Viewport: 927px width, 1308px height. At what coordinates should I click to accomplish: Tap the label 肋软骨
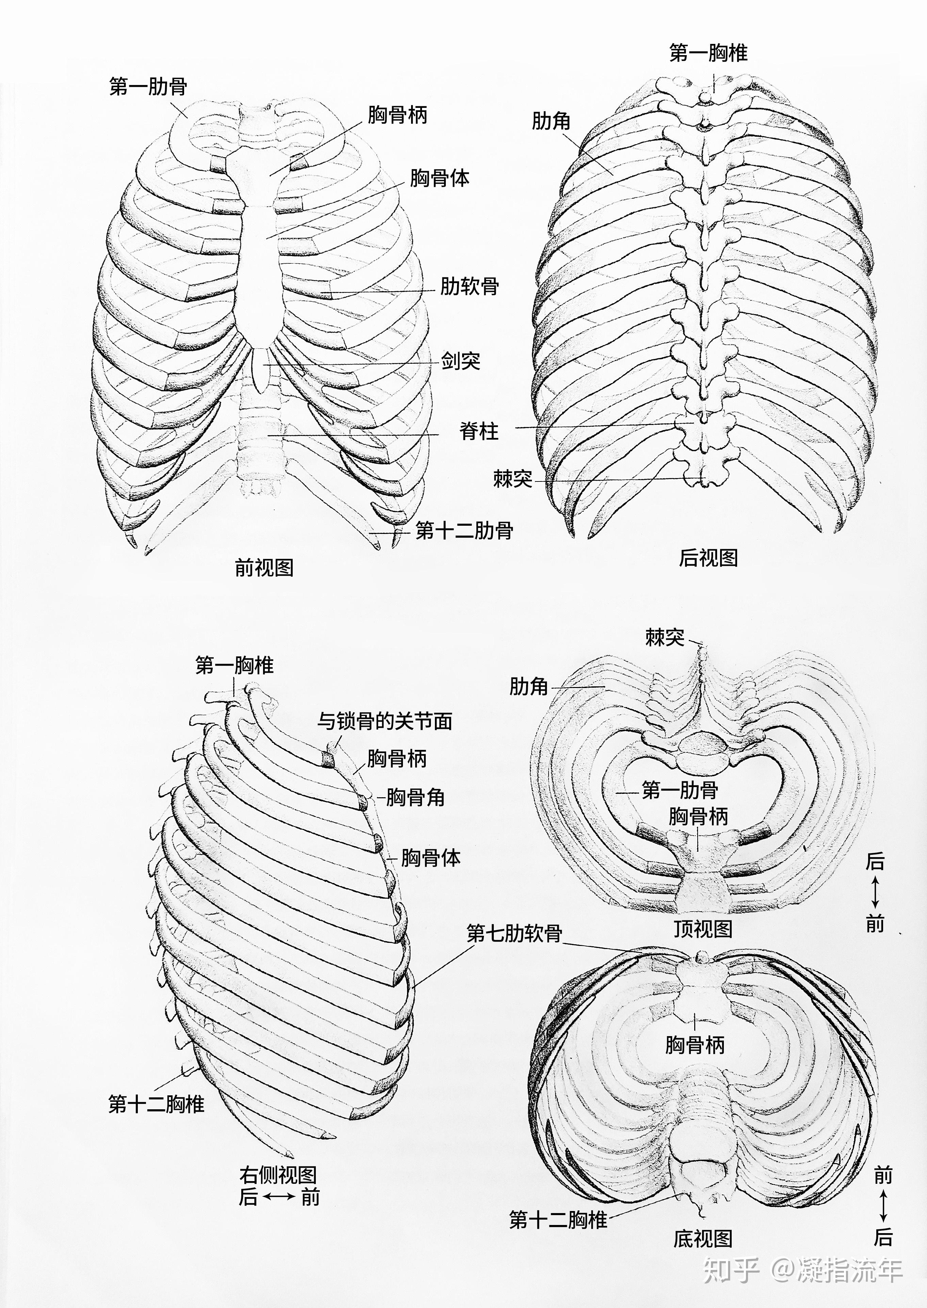(x=469, y=285)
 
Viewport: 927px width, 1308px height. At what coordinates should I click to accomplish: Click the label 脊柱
(x=479, y=431)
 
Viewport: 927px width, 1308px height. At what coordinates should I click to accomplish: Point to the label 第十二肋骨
(x=464, y=531)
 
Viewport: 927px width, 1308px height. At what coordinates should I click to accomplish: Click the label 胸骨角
(x=415, y=797)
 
